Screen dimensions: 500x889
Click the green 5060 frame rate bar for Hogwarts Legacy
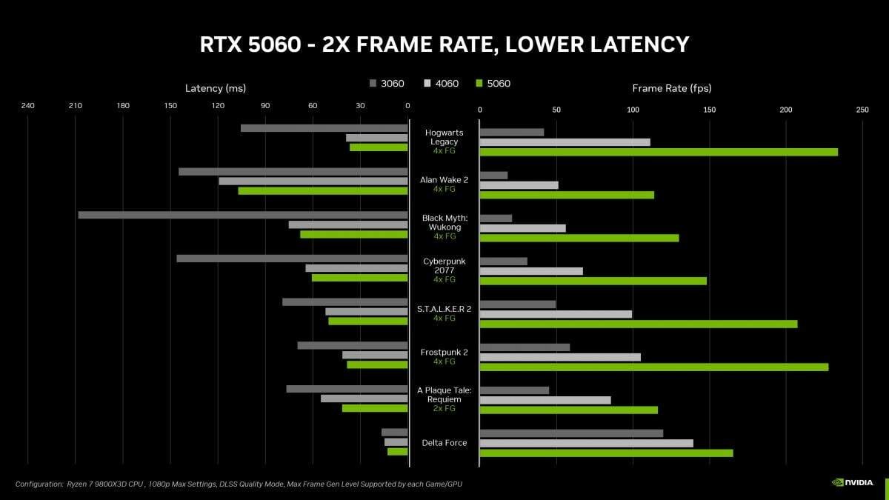pos(659,152)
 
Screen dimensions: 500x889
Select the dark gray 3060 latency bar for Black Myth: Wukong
pos(242,215)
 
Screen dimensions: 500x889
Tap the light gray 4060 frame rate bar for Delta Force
pos(586,443)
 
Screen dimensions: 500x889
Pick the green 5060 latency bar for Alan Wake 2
pos(322,191)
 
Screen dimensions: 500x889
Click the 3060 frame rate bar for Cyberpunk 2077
pos(503,261)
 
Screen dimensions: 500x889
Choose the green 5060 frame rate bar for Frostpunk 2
pos(653,367)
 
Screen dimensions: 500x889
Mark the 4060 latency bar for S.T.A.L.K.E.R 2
pos(366,312)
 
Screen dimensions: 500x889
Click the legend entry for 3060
pos(387,84)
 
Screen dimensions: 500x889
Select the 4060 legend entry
pos(441,84)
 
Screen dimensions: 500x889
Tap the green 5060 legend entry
pos(493,84)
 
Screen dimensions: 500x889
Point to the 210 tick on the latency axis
pos(75,106)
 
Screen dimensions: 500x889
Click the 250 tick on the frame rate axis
pos(862,110)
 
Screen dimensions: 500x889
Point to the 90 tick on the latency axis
pos(265,106)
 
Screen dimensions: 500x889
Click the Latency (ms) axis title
pos(215,88)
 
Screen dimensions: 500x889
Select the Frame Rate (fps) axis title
pos(671,88)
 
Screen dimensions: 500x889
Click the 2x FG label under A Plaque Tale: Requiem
pos(444,408)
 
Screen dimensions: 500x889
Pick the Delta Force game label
pos(444,443)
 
